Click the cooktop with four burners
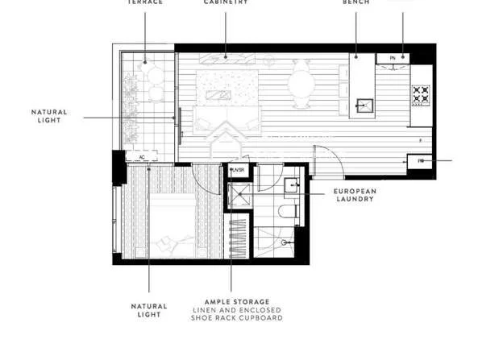[421, 94]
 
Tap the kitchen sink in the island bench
[364, 105]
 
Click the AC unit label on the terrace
[142, 157]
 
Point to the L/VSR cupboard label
[238, 171]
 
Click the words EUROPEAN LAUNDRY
[355, 194]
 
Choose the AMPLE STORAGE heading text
[231, 301]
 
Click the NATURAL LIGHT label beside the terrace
[50, 116]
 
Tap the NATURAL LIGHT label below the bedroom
[149, 309]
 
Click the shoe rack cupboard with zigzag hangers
[239, 237]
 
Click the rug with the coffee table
[221, 86]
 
